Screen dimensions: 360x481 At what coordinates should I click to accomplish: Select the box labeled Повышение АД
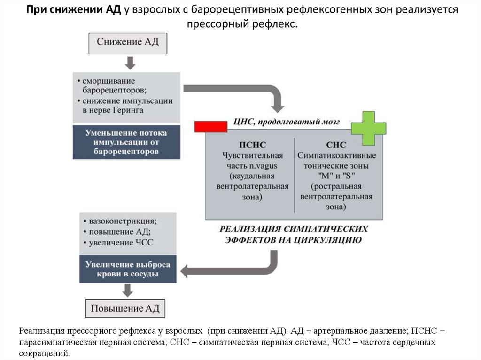(x=125, y=309)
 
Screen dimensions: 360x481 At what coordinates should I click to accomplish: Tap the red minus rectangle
(x=211, y=126)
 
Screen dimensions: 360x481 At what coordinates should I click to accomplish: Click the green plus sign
(x=368, y=128)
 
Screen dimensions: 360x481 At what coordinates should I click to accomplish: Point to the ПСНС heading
(x=252, y=145)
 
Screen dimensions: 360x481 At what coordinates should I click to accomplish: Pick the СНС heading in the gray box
(x=336, y=145)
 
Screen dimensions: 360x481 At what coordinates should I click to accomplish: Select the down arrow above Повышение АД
(x=125, y=291)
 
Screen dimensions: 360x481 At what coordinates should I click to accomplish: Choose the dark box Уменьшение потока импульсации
(x=126, y=142)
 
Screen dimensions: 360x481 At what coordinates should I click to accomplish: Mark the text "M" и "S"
(x=336, y=176)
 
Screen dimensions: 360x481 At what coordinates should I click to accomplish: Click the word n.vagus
(x=263, y=165)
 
